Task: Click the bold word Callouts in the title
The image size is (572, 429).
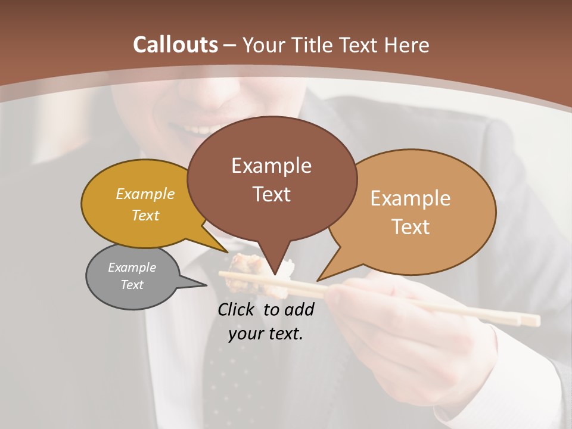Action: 175,45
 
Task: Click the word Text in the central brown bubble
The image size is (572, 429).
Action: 271,194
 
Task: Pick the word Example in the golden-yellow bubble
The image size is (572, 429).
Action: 145,194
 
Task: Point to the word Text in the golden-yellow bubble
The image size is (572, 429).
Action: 145,215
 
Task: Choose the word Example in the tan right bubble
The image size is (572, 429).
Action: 411,198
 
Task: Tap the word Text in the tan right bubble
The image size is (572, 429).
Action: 411,226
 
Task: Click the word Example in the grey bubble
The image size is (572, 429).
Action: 132,268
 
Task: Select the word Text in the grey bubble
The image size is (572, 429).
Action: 132,285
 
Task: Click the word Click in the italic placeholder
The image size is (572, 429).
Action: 237,309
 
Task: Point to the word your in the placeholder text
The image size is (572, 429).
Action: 245,334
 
